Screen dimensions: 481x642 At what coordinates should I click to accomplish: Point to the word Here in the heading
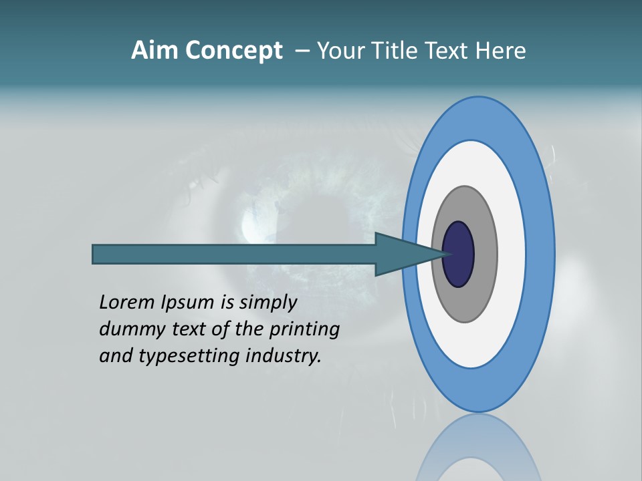tap(502, 51)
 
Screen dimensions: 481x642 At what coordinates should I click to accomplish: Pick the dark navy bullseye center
tap(459, 254)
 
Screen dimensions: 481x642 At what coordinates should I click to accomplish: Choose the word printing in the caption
tap(307, 330)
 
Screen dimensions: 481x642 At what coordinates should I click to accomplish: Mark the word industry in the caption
tap(284, 356)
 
